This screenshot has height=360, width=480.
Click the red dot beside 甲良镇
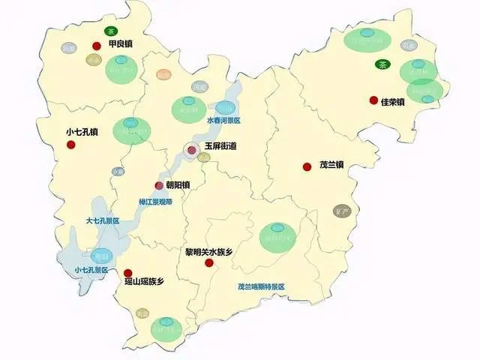point(96,46)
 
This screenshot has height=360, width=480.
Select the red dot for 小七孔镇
point(71,145)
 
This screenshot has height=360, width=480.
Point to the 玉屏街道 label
point(220,146)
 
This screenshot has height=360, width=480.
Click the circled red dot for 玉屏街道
point(192,150)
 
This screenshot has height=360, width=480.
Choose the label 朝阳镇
point(178,184)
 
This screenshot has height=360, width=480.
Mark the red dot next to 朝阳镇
point(159,185)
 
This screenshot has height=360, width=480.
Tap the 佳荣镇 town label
point(393,100)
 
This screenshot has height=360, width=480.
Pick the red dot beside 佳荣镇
point(373,100)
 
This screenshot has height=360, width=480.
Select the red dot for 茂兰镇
point(307,166)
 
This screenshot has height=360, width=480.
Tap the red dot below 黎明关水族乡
point(209,262)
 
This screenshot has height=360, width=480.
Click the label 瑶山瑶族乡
point(144,283)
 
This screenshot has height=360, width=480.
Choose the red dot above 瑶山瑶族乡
point(128,273)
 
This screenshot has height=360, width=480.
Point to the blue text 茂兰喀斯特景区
point(261,286)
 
